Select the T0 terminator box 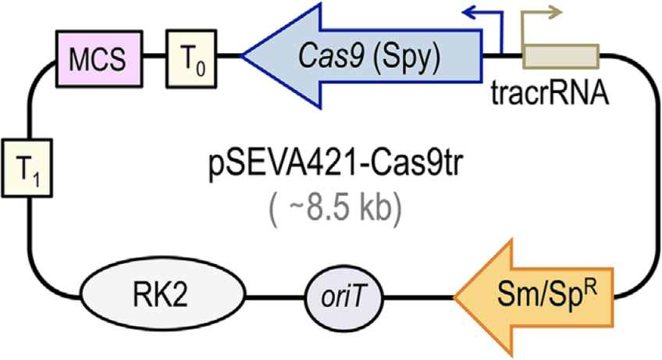186,56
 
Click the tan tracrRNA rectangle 561,57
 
